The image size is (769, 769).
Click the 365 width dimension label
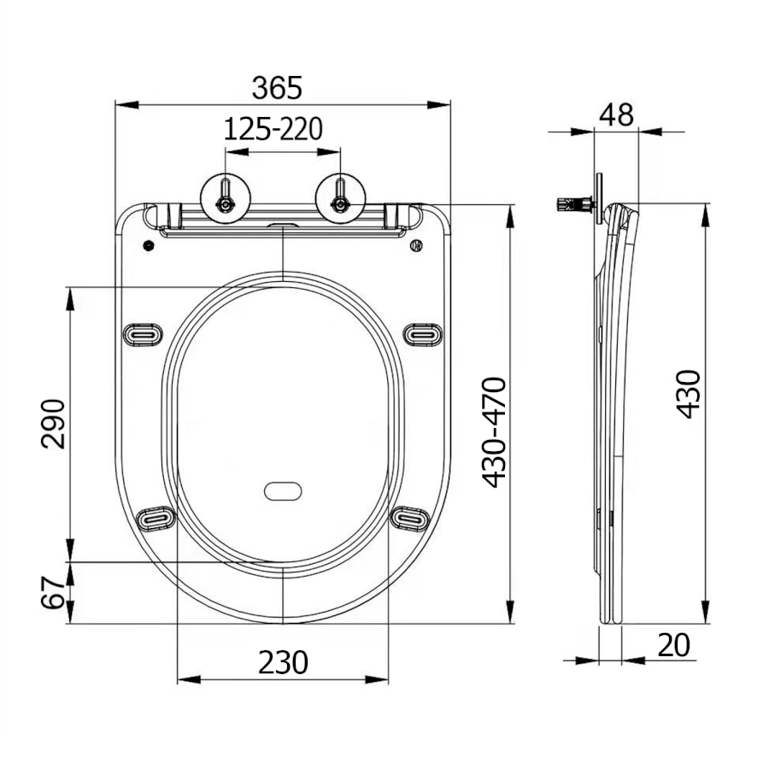click(277, 88)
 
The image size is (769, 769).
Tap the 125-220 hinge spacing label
click(273, 129)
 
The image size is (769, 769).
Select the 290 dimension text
click(53, 424)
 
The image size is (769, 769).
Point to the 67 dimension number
click(53, 592)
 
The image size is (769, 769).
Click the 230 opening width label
click(284, 662)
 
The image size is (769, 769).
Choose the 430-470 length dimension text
click(495, 432)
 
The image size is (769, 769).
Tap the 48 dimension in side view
click(617, 114)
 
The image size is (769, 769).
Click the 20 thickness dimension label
click(674, 645)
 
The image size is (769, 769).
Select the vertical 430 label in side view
click(688, 394)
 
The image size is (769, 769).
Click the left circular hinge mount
click(226, 197)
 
